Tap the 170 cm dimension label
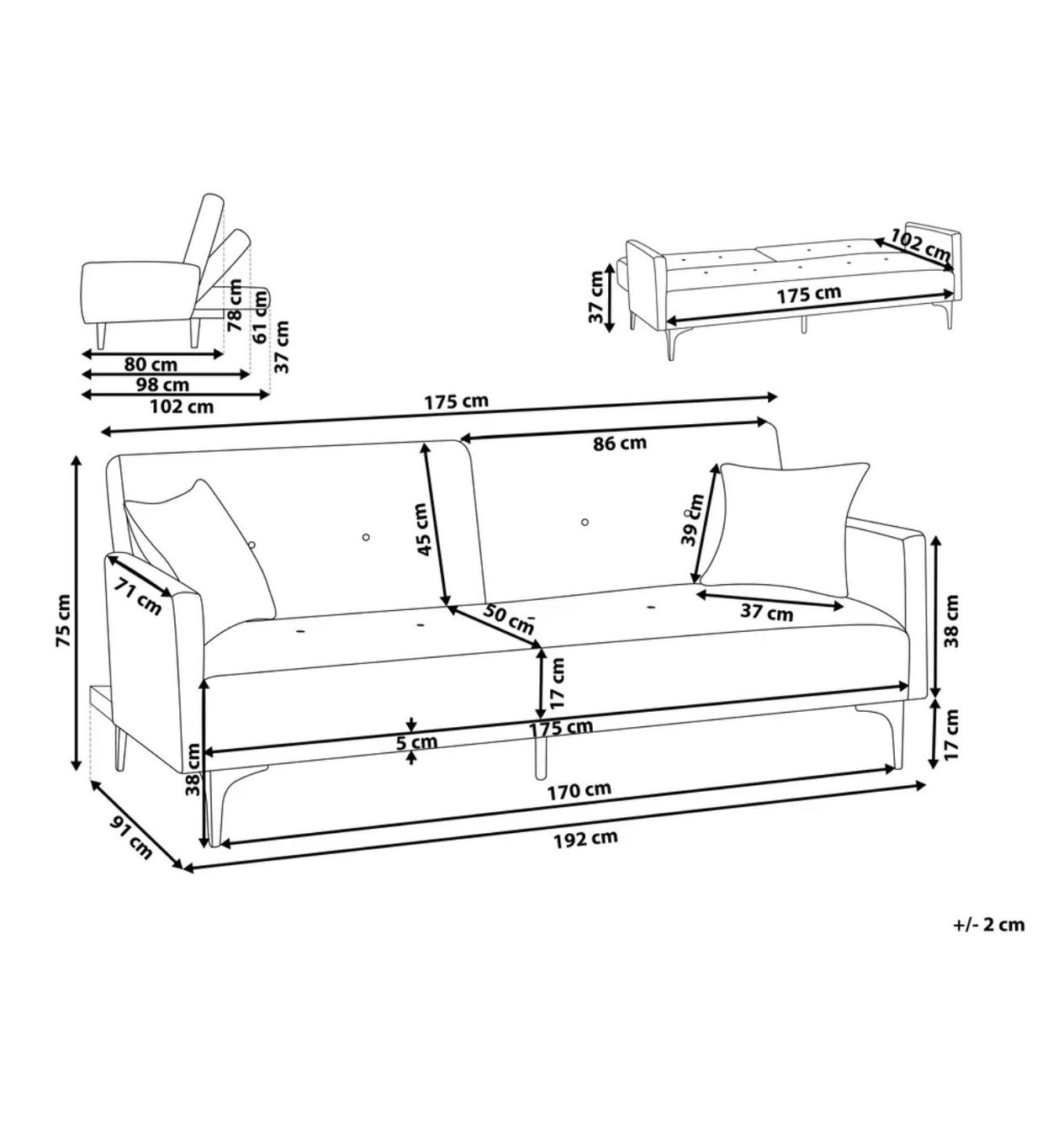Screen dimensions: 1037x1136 tap(579, 789)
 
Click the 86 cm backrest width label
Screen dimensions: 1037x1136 tap(620, 443)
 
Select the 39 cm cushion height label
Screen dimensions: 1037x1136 tap(692, 519)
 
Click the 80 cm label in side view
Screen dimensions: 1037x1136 tap(151, 364)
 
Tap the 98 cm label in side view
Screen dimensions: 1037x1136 tap(162, 385)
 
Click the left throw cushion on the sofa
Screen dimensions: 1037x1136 tap(200, 548)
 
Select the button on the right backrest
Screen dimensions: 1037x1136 tap(585, 522)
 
